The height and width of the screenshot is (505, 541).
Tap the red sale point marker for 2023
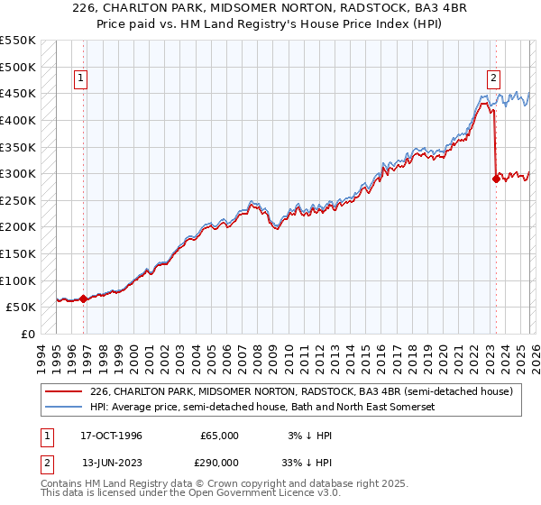496,179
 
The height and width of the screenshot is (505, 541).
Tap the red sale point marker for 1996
83,298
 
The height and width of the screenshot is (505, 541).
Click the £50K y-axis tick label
22,308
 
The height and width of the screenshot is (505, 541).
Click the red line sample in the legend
64,391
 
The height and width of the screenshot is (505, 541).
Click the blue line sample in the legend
64,408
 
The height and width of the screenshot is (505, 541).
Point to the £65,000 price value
219,436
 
